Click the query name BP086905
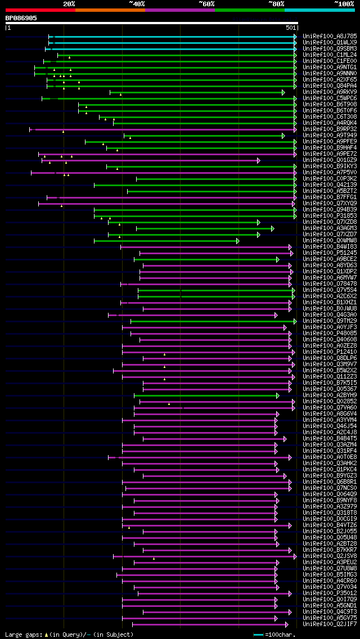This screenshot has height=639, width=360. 21,18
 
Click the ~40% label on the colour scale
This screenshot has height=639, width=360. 137,3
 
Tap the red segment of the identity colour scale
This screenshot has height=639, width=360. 40,10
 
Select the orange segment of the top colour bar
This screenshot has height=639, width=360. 110,10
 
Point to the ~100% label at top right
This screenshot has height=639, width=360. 344,3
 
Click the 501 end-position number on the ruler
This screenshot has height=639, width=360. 291,28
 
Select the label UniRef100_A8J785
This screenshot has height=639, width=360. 330,37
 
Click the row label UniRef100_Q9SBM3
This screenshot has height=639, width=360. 330,49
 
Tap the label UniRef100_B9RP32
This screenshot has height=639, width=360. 330,129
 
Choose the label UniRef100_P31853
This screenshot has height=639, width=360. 330,216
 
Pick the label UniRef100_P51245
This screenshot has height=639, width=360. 330,253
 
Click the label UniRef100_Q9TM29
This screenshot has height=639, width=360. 330,321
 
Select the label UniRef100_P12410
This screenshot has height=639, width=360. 330,352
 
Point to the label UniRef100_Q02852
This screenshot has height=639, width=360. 330,402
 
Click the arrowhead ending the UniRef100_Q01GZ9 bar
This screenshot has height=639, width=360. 259,160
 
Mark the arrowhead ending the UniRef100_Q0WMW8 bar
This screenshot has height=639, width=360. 238,241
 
